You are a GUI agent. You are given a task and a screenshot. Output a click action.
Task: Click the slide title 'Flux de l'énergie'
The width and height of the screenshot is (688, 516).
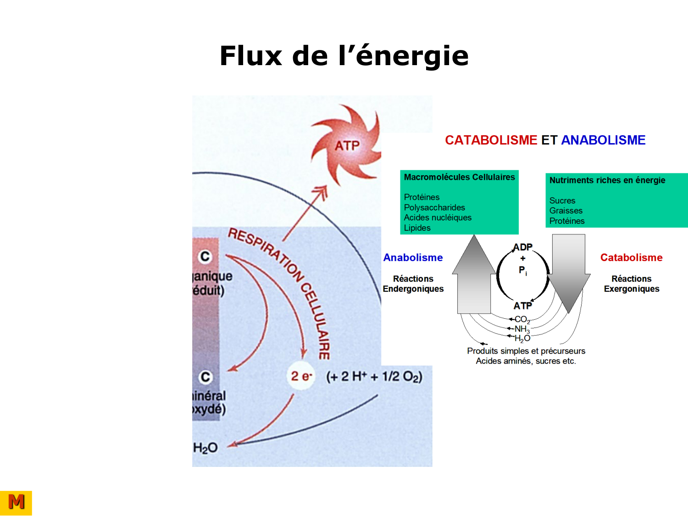point(344,56)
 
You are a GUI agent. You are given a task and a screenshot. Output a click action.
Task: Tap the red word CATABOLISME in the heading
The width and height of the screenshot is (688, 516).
point(491,140)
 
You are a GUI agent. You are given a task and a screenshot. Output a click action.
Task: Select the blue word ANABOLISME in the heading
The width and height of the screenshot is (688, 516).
point(603,140)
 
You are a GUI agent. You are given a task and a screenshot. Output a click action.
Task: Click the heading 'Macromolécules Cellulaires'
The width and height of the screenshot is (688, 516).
point(459,177)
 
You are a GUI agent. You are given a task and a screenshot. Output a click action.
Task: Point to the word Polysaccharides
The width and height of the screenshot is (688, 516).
point(434,207)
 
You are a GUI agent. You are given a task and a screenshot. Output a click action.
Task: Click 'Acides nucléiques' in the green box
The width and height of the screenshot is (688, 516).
point(438,217)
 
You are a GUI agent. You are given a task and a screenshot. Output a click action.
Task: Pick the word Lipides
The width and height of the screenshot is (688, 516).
point(417,227)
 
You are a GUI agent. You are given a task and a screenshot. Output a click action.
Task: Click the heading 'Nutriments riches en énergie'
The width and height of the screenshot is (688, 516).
point(607,180)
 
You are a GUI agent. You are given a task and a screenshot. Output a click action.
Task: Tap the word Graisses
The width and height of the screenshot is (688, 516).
point(566,211)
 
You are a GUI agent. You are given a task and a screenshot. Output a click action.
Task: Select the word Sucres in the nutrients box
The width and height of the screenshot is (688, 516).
point(562,200)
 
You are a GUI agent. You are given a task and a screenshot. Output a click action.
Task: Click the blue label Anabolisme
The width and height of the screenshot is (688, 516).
point(413,258)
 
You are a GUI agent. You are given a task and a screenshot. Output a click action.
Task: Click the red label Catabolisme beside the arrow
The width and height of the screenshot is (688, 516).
point(631,258)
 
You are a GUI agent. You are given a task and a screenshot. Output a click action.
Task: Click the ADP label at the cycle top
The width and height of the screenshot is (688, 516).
point(523,247)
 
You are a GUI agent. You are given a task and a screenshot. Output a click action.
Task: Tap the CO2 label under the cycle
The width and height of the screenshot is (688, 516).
point(522,319)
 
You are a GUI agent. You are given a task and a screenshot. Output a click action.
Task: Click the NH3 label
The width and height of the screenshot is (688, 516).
point(522,329)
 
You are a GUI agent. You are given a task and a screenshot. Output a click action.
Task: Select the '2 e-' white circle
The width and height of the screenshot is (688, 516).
point(301,377)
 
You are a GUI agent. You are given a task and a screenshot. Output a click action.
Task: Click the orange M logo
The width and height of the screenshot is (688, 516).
point(16,503)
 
